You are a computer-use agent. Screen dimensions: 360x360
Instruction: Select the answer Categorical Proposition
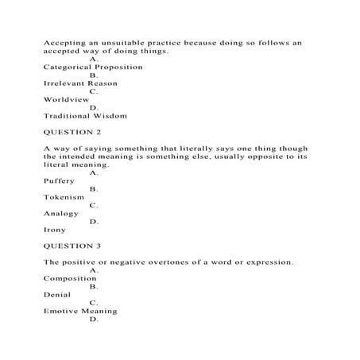pyautogui.click(x=93, y=68)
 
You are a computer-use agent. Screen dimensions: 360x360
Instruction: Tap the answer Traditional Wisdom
pyautogui.click(x=85, y=115)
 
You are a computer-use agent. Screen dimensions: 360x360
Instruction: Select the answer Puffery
pyautogui.click(x=60, y=181)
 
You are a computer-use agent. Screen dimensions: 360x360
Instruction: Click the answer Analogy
pyautogui.click(x=62, y=213)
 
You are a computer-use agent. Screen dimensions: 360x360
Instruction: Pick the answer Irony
pyautogui.click(x=55, y=230)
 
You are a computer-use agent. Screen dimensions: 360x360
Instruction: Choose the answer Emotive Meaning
pyautogui.click(x=80, y=311)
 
